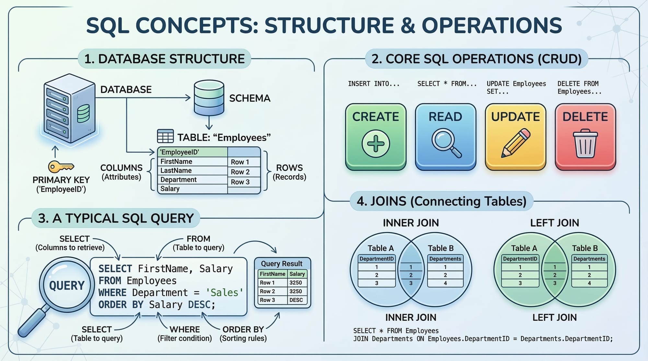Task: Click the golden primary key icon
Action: point(61,167)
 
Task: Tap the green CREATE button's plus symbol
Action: point(376,144)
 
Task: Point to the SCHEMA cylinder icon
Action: point(209,98)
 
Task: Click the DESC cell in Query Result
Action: point(296,300)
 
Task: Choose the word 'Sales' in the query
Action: point(224,292)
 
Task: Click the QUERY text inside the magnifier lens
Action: point(67,285)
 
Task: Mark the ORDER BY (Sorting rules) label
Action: point(243,334)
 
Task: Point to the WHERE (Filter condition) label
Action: point(185,334)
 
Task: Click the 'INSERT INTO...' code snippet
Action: point(374,84)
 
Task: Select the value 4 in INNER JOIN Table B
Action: point(445,283)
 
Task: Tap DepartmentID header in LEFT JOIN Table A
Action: point(520,259)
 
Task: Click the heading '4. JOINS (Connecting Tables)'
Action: point(441,201)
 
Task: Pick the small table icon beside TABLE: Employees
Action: point(165,136)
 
